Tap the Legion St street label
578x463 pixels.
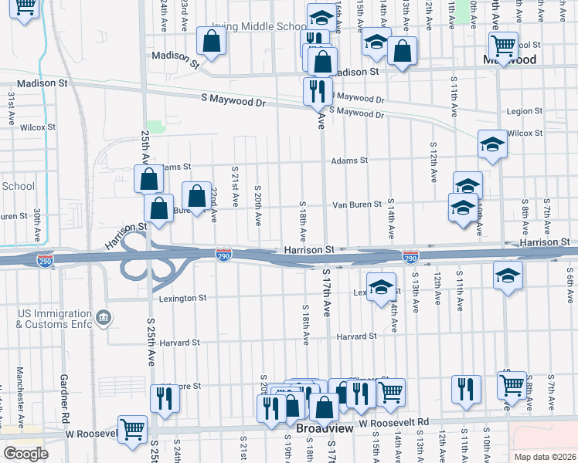click(525, 112)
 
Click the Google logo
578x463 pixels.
click(25, 453)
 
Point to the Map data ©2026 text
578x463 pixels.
click(545, 456)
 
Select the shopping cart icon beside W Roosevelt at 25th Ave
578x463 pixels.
click(132, 428)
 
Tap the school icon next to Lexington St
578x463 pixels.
click(380, 288)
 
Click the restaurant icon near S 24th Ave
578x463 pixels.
click(165, 397)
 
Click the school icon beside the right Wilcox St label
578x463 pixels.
click(491, 144)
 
